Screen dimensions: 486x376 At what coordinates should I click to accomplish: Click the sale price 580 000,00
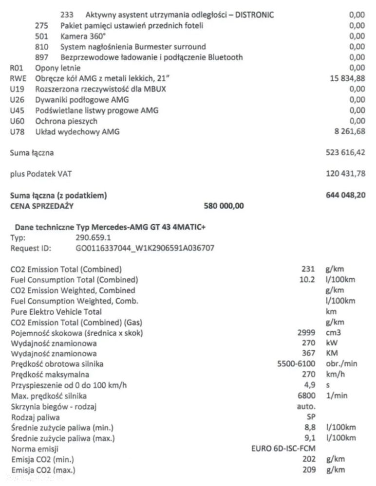click(x=224, y=206)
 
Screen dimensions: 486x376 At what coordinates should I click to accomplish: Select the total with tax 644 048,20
click(x=345, y=196)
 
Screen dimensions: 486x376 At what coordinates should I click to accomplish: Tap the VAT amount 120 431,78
click(x=345, y=174)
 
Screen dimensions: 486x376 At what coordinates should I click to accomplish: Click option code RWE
click(x=18, y=79)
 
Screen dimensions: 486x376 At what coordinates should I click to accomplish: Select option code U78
click(x=17, y=132)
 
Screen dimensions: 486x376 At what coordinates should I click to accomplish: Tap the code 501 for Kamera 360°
click(x=42, y=36)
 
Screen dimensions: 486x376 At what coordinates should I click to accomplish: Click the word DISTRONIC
click(x=254, y=15)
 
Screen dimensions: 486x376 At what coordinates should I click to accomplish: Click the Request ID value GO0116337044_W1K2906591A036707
click(x=145, y=248)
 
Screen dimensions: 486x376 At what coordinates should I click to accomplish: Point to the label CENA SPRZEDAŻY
click(x=41, y=206)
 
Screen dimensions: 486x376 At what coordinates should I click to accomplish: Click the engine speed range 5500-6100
click(x=297, y=364)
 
